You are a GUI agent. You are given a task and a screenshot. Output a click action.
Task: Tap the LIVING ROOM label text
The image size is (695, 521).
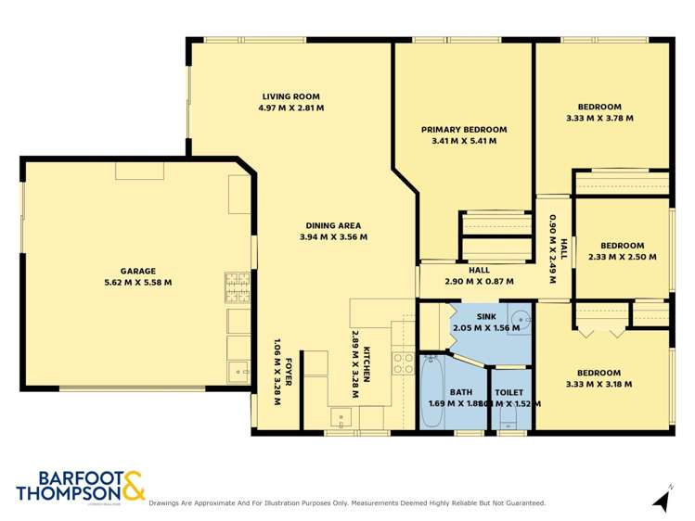tap(290, 96)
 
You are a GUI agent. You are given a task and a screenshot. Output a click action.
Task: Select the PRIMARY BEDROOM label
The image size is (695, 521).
tap(463, 129)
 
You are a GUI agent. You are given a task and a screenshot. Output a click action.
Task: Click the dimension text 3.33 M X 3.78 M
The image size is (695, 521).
tap(598, 119)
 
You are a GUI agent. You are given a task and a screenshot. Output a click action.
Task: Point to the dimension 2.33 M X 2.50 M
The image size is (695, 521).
tap(622, 257)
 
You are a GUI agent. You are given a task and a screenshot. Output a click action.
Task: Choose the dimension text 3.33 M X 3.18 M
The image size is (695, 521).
tap(598, 384)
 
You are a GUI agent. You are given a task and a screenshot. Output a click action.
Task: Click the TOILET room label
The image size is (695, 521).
tap(508, 391)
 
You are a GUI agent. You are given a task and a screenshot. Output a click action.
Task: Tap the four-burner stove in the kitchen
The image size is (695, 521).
tap(403, 362)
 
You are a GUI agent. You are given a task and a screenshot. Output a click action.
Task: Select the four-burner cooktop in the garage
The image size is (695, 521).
tap(236, 287)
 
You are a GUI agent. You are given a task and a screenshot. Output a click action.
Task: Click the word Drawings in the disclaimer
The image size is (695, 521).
tap(168, 503)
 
